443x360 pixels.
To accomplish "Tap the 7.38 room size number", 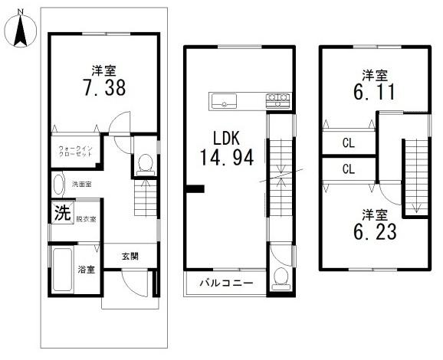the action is (x=104, y=87).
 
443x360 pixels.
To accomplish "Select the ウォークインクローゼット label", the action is (x=75, y=151).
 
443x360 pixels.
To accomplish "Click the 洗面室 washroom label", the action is (x=81, y=185).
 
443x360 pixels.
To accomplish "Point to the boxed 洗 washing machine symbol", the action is (x=62, y=212).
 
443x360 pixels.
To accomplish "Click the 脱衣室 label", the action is (x=86, y=219).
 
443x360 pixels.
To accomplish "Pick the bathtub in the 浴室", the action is (x=62, y=270).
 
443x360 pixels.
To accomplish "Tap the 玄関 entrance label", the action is (x=130, y=257).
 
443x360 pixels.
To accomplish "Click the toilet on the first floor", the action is (x=146, y=165).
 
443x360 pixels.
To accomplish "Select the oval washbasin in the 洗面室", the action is (x=58, y=185).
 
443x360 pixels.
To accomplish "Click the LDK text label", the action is (x=226, y=139).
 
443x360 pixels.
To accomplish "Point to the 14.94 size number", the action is (x=227, y=157).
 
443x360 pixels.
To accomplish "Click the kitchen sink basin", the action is (x=225, y=101).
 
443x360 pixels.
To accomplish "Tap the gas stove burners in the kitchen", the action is (x=277, y=100).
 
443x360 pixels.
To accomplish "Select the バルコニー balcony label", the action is (x=226, y=283).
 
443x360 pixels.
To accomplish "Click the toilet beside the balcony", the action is (x=281, y=279).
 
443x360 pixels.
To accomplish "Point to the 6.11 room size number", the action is (x=374, y=92).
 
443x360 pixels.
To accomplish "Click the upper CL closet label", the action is (x=349, y=143).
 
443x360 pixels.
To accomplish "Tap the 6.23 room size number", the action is (x=375, y=231).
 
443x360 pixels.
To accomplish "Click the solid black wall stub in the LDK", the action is (x=195, y=188).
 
